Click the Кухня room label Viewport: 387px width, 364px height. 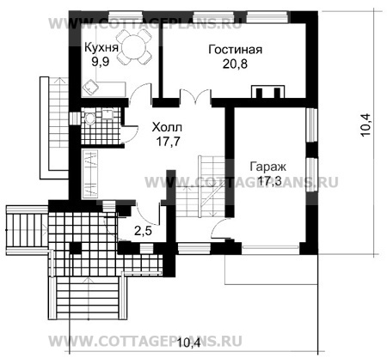pyautogui.click(x=101, y=47)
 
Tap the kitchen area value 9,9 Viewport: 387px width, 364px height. pyautogui.click(x=101, y=62)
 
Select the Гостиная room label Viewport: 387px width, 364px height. pyautogui.click(x=235, y=50)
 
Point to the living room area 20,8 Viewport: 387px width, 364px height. pyautogui.click(x=235, y=64)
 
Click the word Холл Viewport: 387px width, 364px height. pyautogui.click(x=167, y=127)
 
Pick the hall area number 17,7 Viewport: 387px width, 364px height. pyautogui.click(x=168, y=141)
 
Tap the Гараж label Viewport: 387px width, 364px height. pyautogui.click(x=268, y=167)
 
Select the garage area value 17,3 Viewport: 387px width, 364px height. pyautogui.click(x=268, y=180)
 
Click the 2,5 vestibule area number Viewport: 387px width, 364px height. pyautogui.click(x=143, y=231)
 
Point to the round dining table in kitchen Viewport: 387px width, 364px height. pyautogui.click(x=133, y=47)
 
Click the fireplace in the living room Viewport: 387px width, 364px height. pyautogui.click(x=267, y=92)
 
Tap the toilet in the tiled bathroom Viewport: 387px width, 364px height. pyautogui.click(x=90, y=118)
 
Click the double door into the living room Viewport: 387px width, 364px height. pyautogui.click(x=195, y=96)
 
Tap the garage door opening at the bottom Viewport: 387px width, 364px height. pyautogui.click(x=270, y=246)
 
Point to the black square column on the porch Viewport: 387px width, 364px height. pyautogui.click(x=76, y=248)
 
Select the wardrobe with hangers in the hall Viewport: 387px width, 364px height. pyautogui.click(x=90, y=174)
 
